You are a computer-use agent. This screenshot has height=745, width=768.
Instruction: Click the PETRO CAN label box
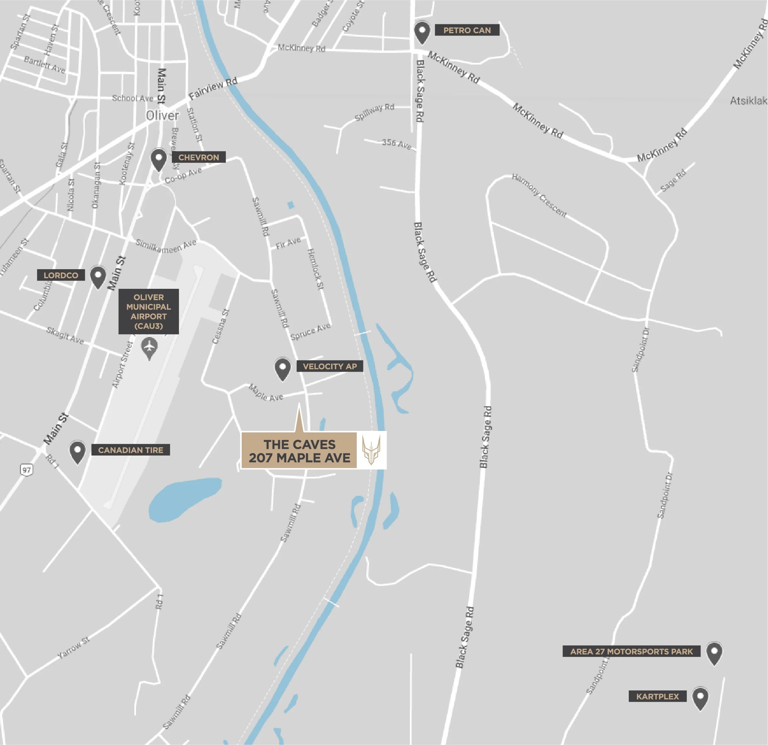point(467,30)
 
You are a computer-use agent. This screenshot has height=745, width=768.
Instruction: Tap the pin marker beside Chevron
point(159,159)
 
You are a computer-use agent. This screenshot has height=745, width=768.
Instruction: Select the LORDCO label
point(61,275)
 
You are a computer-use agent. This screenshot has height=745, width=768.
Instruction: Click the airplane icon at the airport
point(149,347)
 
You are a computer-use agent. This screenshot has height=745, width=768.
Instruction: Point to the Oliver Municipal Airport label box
point(149,311)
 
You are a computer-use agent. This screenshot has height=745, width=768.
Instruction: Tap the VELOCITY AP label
point(329,366)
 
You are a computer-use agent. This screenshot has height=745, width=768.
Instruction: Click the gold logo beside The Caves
point(371,450)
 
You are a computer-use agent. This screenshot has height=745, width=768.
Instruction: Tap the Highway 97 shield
point(27,470)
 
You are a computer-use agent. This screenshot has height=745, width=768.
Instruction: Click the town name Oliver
point(162,116)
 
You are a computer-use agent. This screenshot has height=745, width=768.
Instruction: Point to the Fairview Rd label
point(213,89)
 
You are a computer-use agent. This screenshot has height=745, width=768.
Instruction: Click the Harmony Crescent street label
point(539,195)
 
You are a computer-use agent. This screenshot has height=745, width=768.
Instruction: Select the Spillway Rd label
point(374,112)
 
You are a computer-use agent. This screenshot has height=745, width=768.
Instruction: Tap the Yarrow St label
point(74,648)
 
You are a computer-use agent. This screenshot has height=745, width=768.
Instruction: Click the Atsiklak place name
point(748,101)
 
